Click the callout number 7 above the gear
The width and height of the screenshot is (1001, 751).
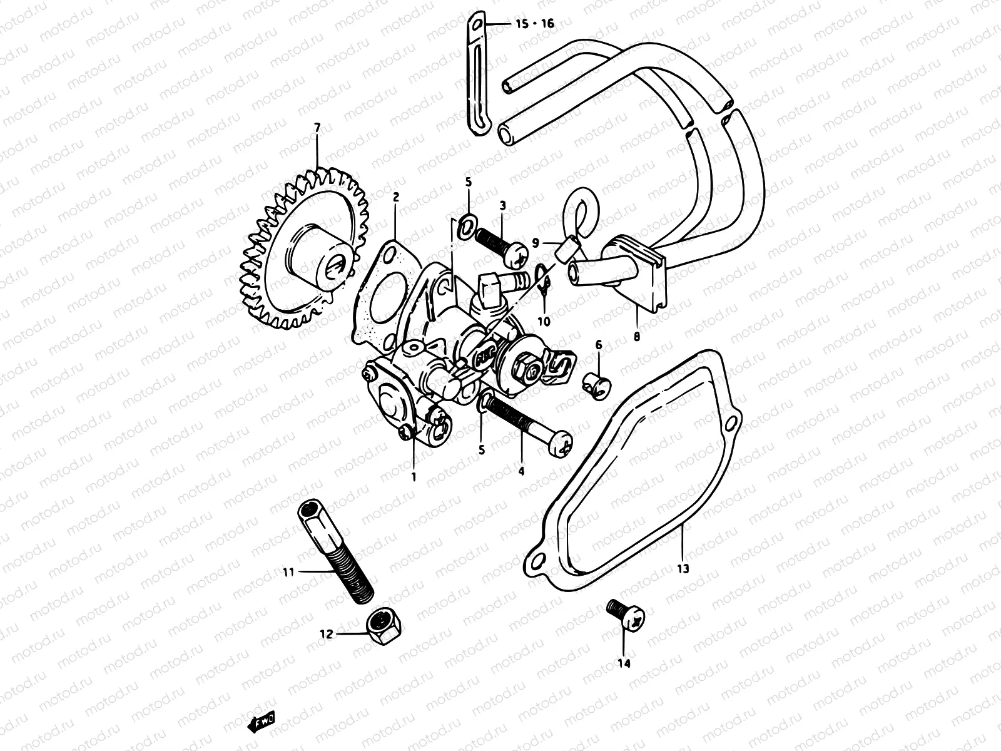317,128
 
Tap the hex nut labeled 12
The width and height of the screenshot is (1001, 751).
381,622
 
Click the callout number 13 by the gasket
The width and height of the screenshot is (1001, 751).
682,569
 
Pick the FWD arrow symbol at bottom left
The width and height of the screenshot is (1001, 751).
262,722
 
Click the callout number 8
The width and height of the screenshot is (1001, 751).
637,335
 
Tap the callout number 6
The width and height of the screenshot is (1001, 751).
598,344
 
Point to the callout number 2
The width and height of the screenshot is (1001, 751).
395,197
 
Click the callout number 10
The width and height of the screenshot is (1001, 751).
544,321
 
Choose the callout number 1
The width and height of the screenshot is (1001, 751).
413,476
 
